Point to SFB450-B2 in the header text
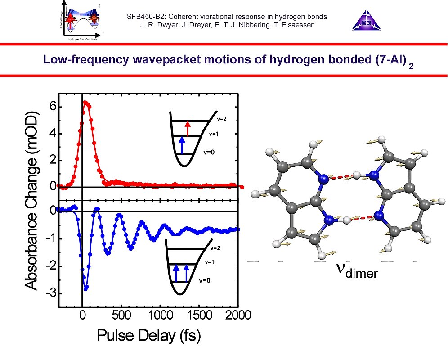click(x=147, y=17)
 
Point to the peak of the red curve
click(x=85, y=103)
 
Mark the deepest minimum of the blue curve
click(x=86, y=287)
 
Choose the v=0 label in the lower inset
click(x=209, y=280)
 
